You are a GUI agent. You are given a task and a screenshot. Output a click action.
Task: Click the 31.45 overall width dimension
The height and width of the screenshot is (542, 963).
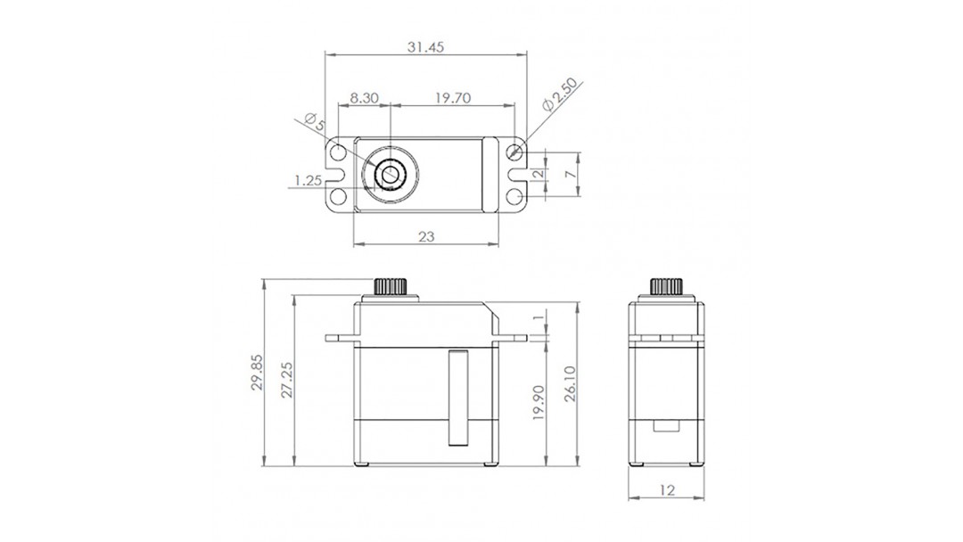425,47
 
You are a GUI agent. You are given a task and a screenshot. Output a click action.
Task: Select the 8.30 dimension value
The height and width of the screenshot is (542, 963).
364,98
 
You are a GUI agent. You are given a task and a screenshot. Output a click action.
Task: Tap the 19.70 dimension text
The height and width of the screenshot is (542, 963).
453,98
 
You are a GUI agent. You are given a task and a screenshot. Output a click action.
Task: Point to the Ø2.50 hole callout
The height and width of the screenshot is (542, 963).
561,94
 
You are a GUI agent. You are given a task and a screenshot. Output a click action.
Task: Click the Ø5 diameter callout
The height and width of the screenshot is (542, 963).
315,121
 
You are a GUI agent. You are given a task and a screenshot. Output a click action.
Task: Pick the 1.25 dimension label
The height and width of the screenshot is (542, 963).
309,180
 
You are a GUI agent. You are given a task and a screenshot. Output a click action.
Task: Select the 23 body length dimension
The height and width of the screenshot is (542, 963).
425,236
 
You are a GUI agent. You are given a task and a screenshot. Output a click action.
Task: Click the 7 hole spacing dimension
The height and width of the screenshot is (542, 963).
571,175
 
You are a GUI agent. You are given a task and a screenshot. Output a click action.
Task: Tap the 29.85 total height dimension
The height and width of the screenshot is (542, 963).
258,372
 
